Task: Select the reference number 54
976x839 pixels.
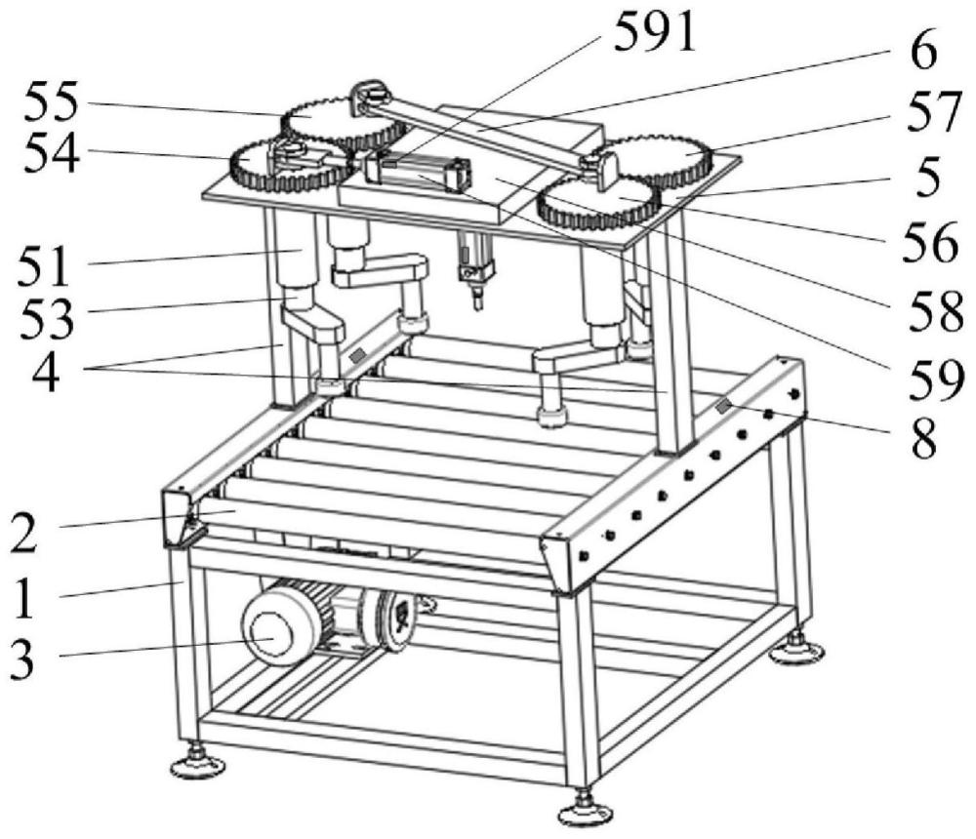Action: (57, 155)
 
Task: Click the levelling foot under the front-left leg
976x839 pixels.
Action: (197, 766)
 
